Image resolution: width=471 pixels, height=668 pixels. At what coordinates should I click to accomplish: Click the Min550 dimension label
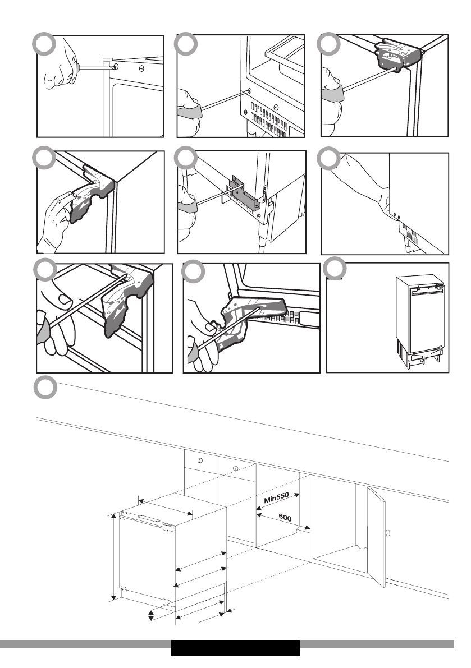[x=276, y=497]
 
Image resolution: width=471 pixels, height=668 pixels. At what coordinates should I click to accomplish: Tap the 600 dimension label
[x=285, y=518]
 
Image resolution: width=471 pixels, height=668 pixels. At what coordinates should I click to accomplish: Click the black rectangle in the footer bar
[x=235, y=648]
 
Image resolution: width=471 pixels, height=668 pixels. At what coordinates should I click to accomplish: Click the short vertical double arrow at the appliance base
[x=151, y=615]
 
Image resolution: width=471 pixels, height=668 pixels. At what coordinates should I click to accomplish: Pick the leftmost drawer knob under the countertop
[x=200, y=460]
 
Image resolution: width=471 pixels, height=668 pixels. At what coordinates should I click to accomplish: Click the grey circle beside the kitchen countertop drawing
[x=45, y=388]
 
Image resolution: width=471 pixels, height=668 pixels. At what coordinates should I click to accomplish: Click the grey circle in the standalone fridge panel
[x=335, y=269]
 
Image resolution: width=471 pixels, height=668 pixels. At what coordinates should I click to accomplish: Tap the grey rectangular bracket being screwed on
[x=245, y=194]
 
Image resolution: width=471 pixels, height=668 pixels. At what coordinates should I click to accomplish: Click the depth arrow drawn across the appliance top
[x=166, y=509]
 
